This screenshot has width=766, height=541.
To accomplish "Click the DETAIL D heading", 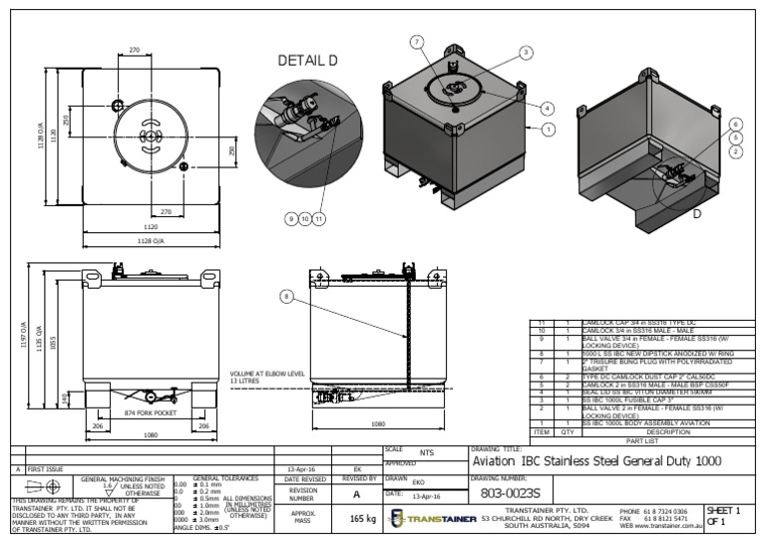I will click(307, 61).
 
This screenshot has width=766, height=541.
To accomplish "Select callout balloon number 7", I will click(417, 41).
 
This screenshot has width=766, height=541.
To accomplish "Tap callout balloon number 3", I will click(526, 52).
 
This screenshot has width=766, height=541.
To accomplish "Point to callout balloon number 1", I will click(548, 130).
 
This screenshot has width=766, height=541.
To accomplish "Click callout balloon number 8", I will click(285, 296).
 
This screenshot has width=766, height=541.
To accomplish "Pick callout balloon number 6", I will click(736, 125).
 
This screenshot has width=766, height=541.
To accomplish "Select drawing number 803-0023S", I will click(510, 492).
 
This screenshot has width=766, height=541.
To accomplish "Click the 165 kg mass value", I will click(361, 518).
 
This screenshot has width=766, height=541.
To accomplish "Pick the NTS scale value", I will click(427, 451).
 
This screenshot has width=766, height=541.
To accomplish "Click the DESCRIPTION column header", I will click(667, 431).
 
